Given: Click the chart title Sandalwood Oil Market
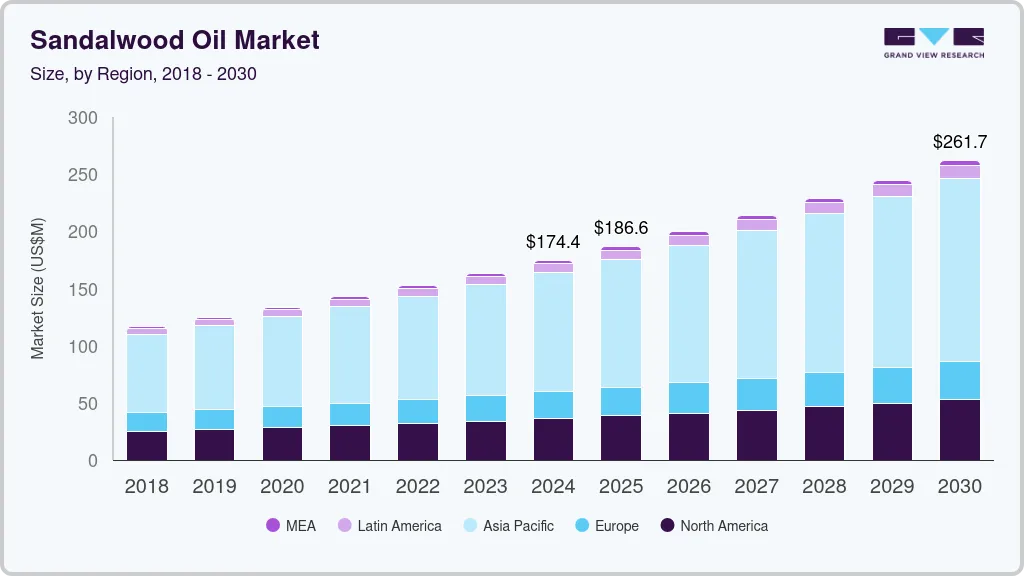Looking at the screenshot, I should (175, 40).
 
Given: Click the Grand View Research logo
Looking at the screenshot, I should (933, 42).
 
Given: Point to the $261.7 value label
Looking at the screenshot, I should (960, 142).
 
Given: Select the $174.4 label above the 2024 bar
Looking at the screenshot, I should (553, 242).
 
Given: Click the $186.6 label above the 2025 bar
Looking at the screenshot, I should (621, 228).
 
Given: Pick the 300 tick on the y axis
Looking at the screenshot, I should (83, 118).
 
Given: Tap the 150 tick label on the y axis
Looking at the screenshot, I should (83, 290).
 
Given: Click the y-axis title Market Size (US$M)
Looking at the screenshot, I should (38, 288).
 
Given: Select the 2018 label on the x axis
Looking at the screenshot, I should (146, 487).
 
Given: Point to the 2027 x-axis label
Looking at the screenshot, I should (756, 487).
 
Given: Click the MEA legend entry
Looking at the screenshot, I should (291, 526).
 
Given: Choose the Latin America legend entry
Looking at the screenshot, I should (389, 526).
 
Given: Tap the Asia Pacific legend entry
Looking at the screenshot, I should (507, 526).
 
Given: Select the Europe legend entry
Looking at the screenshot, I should (606, 526).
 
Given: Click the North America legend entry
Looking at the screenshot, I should (714, 526).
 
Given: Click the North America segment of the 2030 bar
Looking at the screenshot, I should (960, 430).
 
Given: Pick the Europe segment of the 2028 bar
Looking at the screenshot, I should (824, 389).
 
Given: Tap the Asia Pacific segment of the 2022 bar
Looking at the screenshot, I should (417, 347).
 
